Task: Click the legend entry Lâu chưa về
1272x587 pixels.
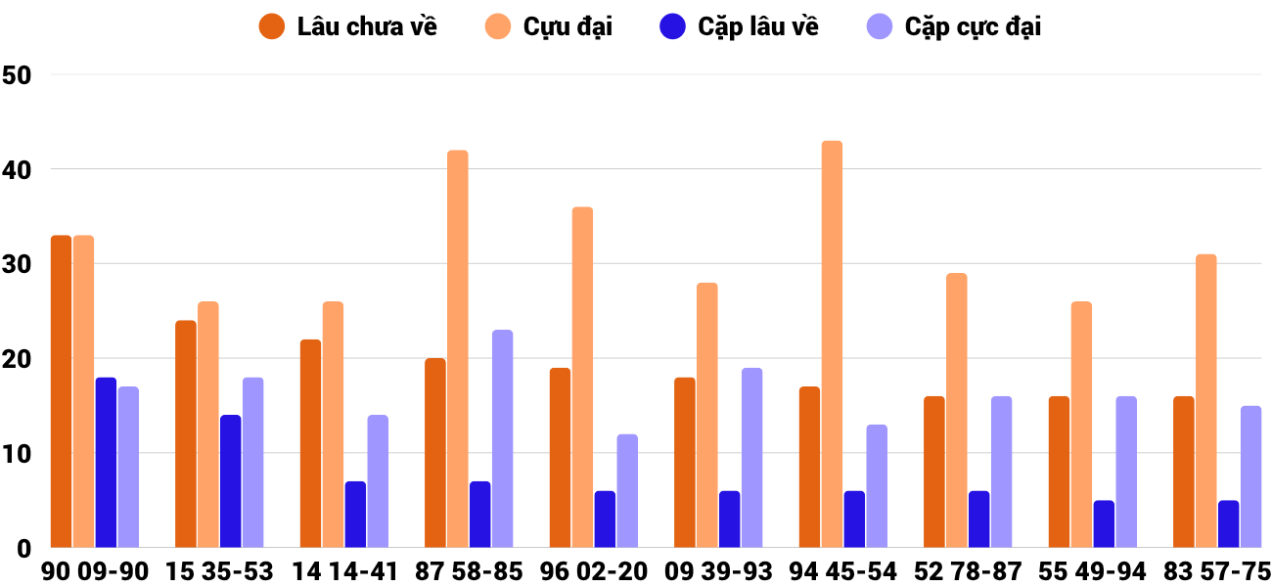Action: (366, 26)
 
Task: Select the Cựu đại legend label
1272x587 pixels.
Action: (568, 26)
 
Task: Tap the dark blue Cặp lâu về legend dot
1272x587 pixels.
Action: (672, 26)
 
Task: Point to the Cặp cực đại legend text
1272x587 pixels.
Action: (973, 26)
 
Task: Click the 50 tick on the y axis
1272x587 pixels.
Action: (18, 75)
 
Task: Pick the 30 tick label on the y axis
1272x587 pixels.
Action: (18, 264)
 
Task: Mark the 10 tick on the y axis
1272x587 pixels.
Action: (18, 454)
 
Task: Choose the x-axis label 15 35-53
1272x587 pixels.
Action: (219, 571)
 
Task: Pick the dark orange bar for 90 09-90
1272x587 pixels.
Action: (61, 391)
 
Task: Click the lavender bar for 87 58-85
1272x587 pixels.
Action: (503, 439)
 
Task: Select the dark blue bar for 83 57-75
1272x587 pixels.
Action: (1228, 524)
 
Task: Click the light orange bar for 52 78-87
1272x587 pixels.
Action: (957, 411)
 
